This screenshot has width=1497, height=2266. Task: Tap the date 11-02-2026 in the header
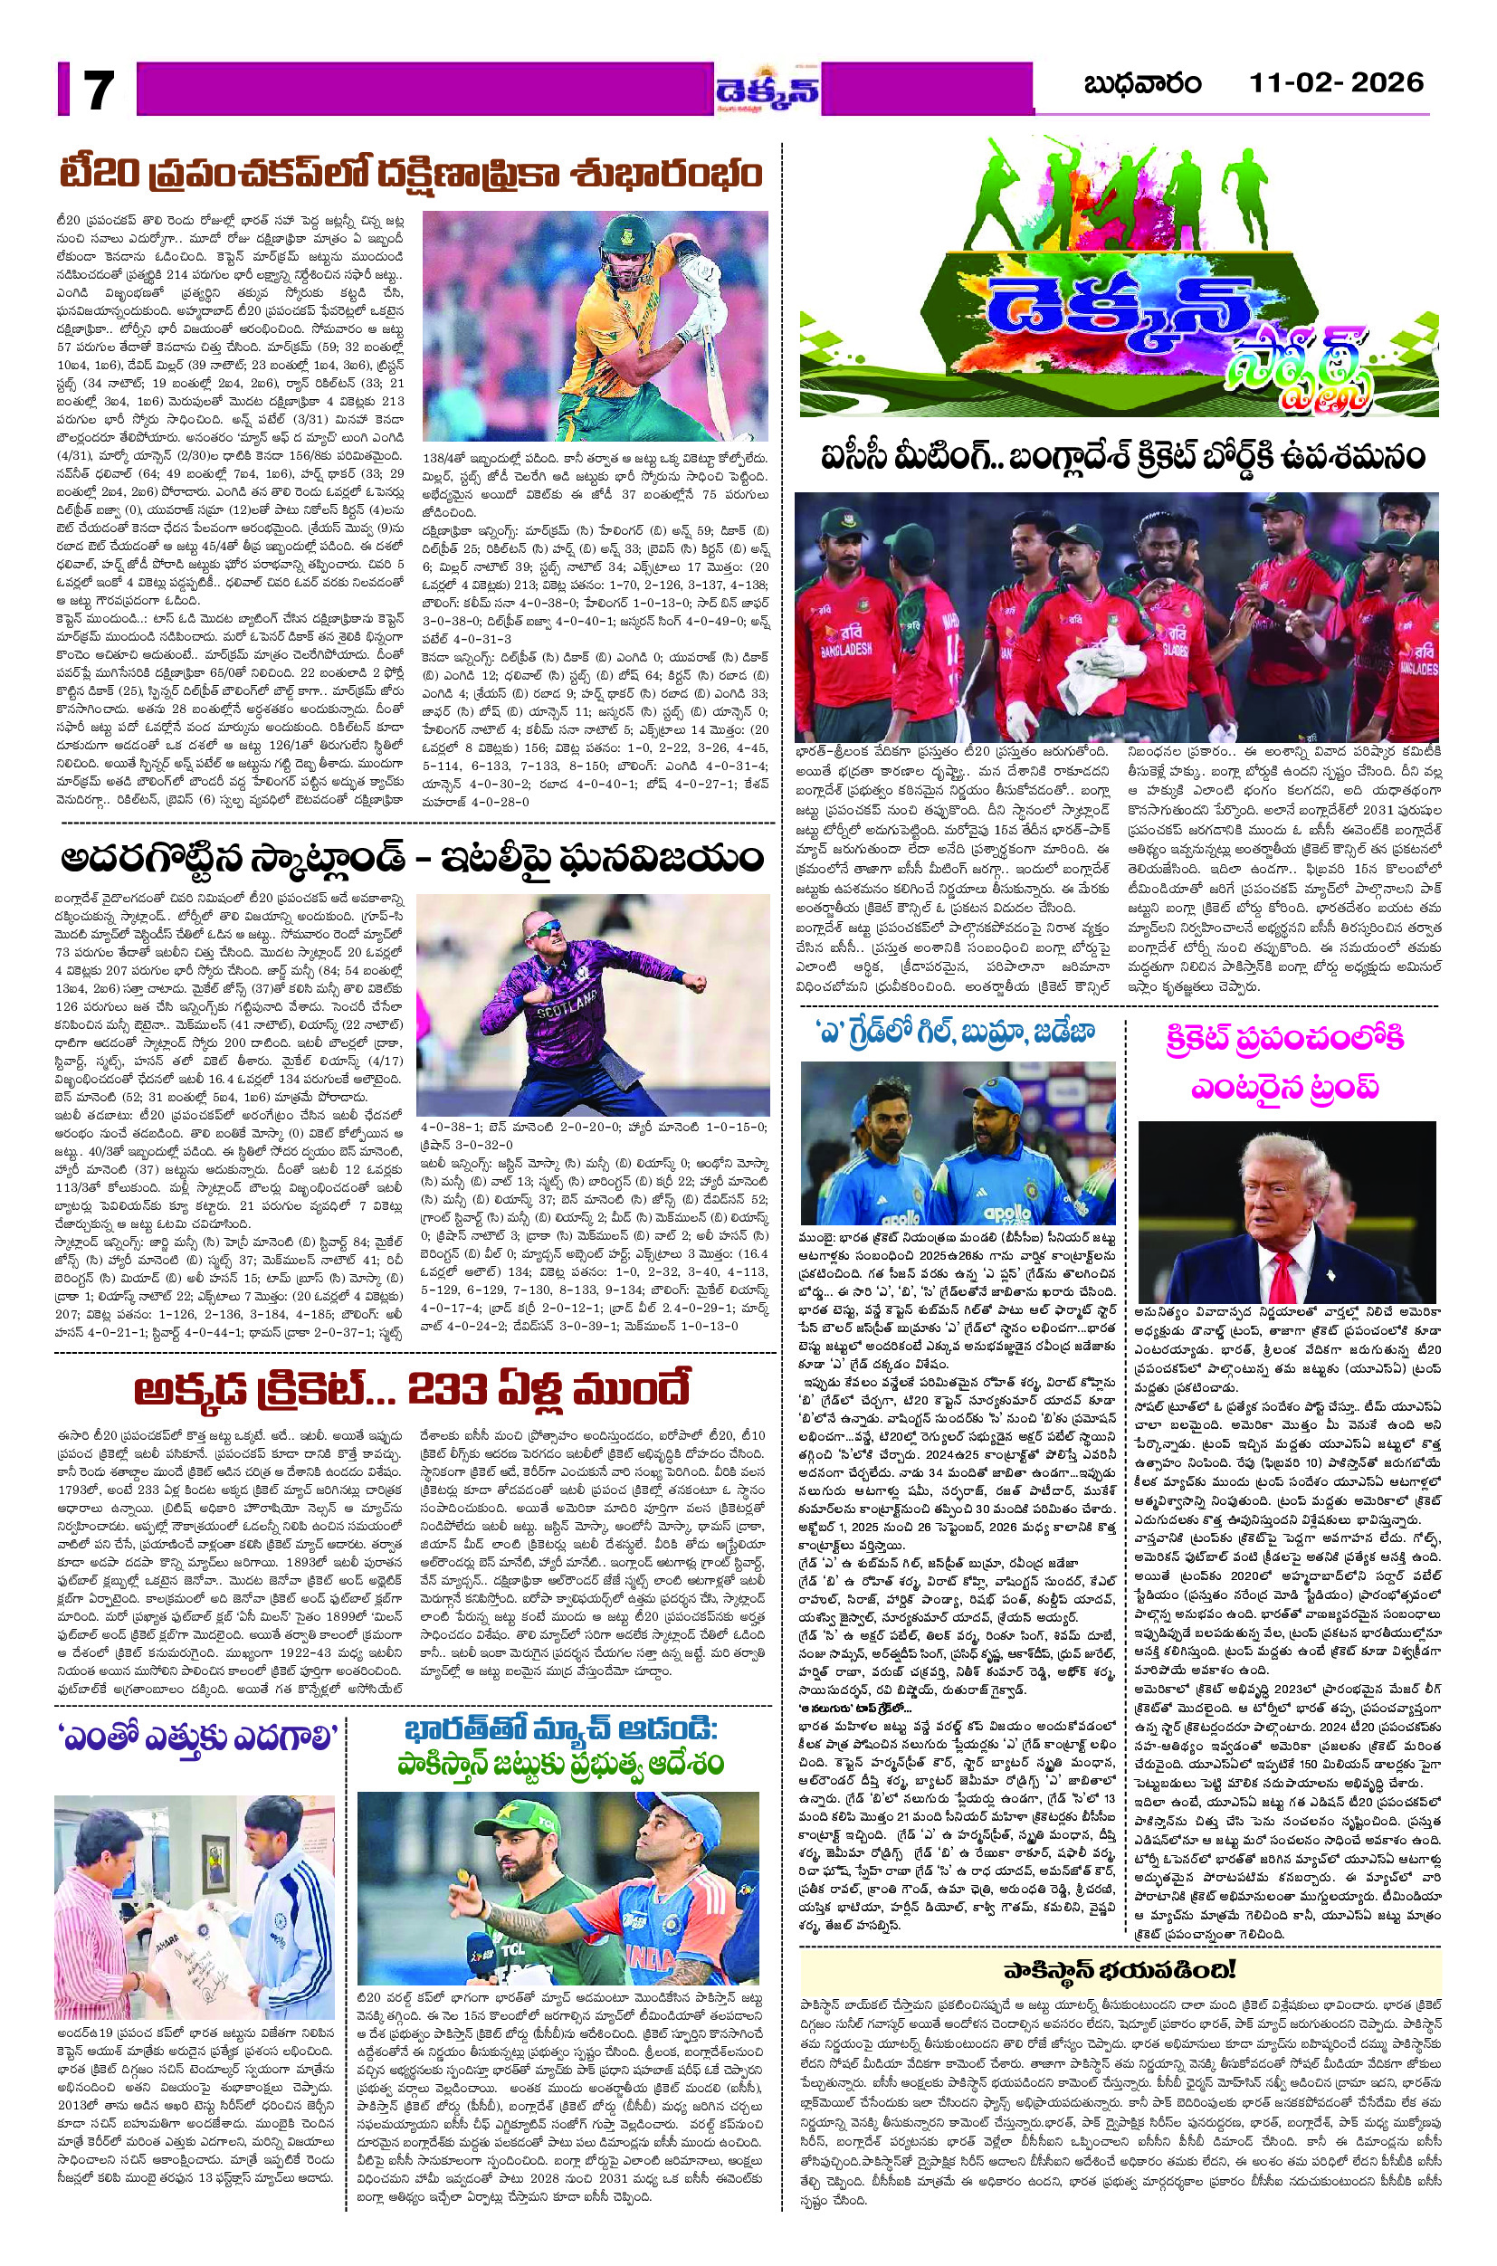pyautogui.click(x=1337, y=83)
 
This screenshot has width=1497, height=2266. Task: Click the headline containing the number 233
pyautogui.click(x=414, y=1393)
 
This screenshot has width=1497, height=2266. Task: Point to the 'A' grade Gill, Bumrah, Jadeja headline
pyautogui.click(x=953, y=1032)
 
